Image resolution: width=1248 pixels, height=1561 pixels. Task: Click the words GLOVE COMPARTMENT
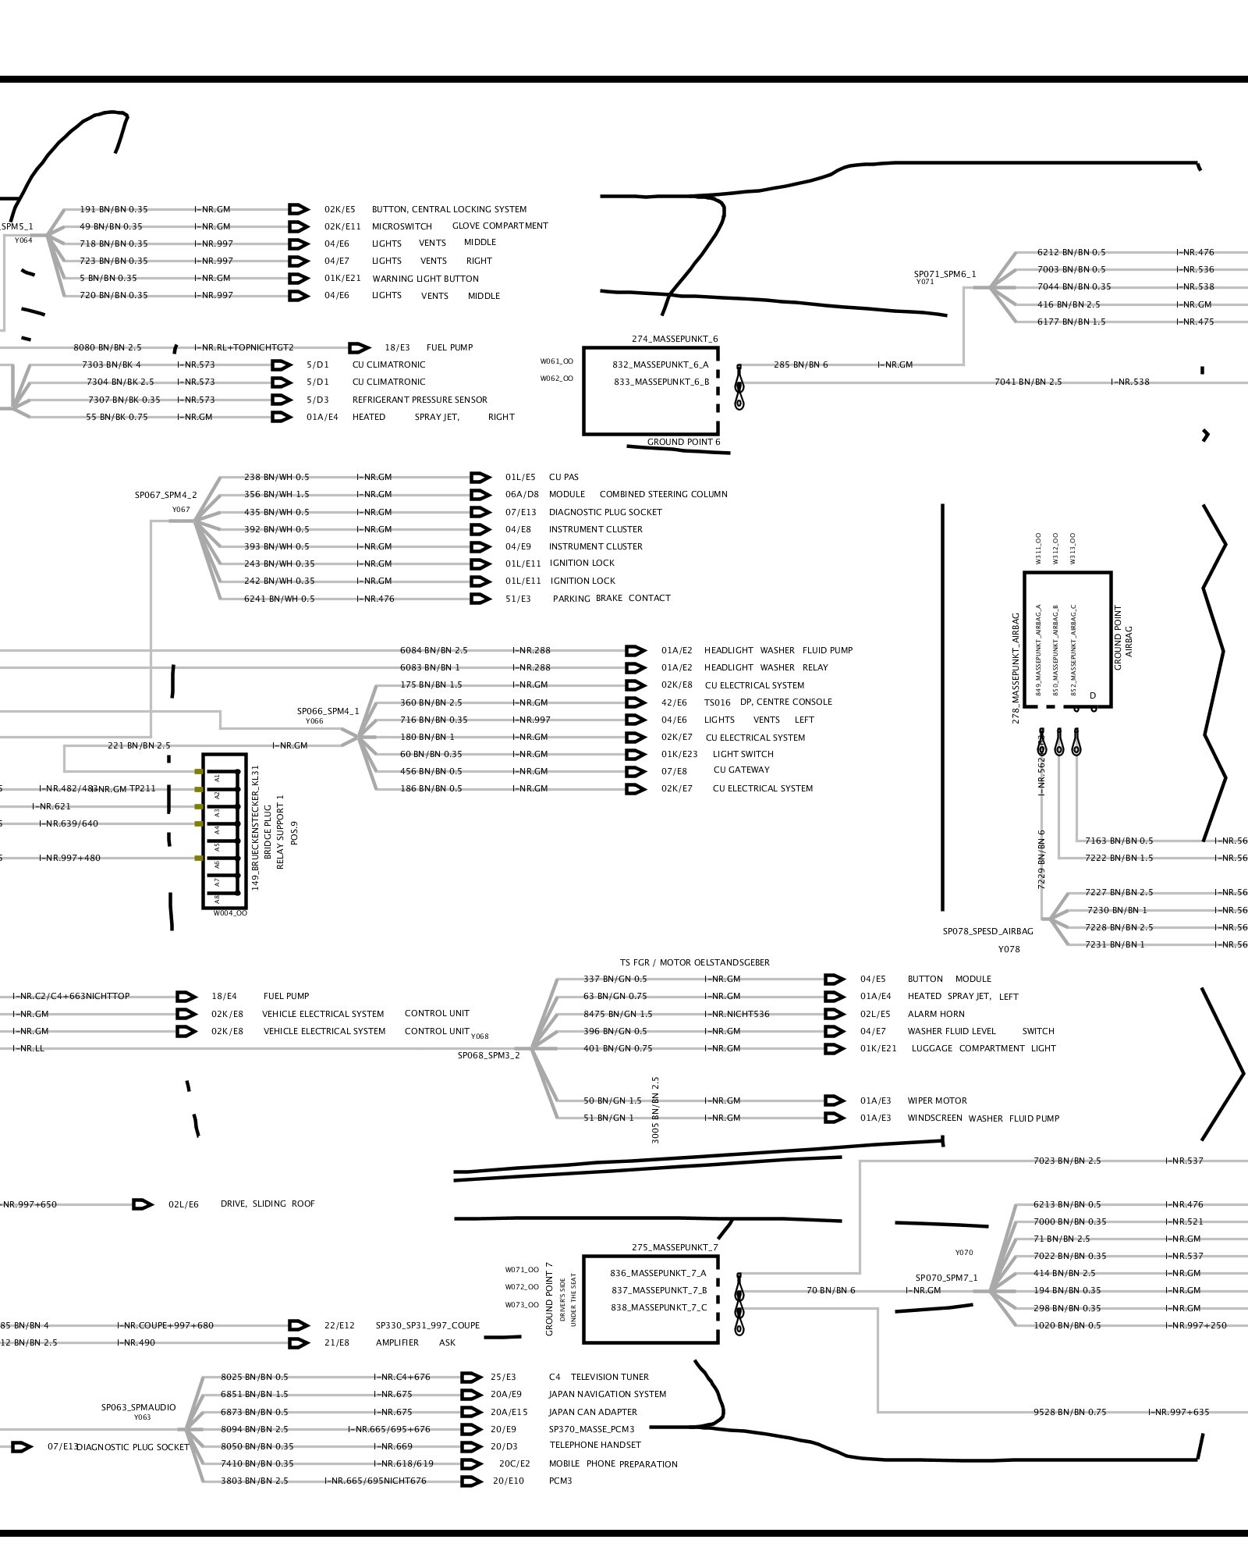[500, 226]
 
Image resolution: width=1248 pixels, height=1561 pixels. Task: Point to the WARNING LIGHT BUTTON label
[425, 279]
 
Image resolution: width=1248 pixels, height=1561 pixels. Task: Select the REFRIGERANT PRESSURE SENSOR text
[420, 400]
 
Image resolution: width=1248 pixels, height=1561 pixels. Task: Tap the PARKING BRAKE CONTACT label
[612, 599]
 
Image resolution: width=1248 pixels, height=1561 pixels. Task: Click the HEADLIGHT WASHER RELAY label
[766, 667]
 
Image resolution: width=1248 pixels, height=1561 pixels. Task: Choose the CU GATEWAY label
[741, 770]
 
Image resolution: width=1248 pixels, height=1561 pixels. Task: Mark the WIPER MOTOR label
[937, 1101]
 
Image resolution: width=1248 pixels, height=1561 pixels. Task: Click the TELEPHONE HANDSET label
[595, 1445]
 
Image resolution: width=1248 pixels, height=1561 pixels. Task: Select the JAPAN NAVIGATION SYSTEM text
[608, 1394]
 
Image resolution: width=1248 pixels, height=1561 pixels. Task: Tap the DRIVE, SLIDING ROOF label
[268, 1204]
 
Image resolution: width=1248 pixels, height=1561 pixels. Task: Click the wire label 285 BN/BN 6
[801, 364]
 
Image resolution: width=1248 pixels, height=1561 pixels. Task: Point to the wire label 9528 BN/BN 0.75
[1069, 1412]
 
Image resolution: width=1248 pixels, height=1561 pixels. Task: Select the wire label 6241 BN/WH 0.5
[279, 599]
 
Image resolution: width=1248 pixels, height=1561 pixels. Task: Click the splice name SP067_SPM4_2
[165, 495]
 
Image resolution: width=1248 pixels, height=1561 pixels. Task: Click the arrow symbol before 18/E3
[359, 347]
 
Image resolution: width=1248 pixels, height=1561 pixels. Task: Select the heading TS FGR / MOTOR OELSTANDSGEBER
[694, 962]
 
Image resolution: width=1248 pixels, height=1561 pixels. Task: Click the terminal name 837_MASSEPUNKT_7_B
[658, 1290]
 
